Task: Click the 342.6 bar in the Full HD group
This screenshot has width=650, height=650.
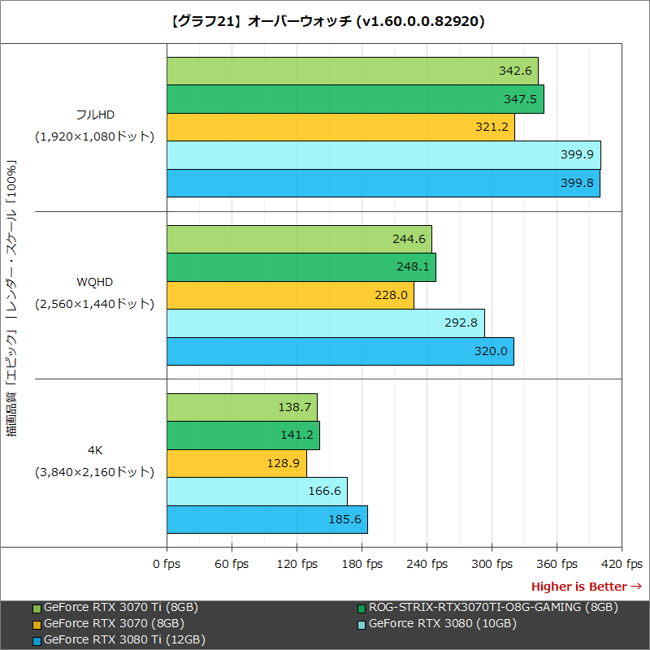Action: point(352,71)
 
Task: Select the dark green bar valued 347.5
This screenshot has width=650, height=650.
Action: point(355,99)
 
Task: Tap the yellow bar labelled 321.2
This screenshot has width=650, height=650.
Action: point(340,127)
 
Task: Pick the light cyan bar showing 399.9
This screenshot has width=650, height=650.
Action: point(383,155)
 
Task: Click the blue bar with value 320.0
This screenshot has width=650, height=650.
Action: point(340,351)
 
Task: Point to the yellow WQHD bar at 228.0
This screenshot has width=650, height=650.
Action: point(290,295)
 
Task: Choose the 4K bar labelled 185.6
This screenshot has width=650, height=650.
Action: point(266,519)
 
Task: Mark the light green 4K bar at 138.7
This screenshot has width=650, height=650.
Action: point(241,407)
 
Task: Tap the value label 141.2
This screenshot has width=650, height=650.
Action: point(297,435)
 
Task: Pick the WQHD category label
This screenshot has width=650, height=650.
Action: point(94,283)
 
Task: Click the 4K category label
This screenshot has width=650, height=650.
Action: point(94,449)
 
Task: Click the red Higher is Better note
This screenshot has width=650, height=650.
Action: point(586,587)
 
